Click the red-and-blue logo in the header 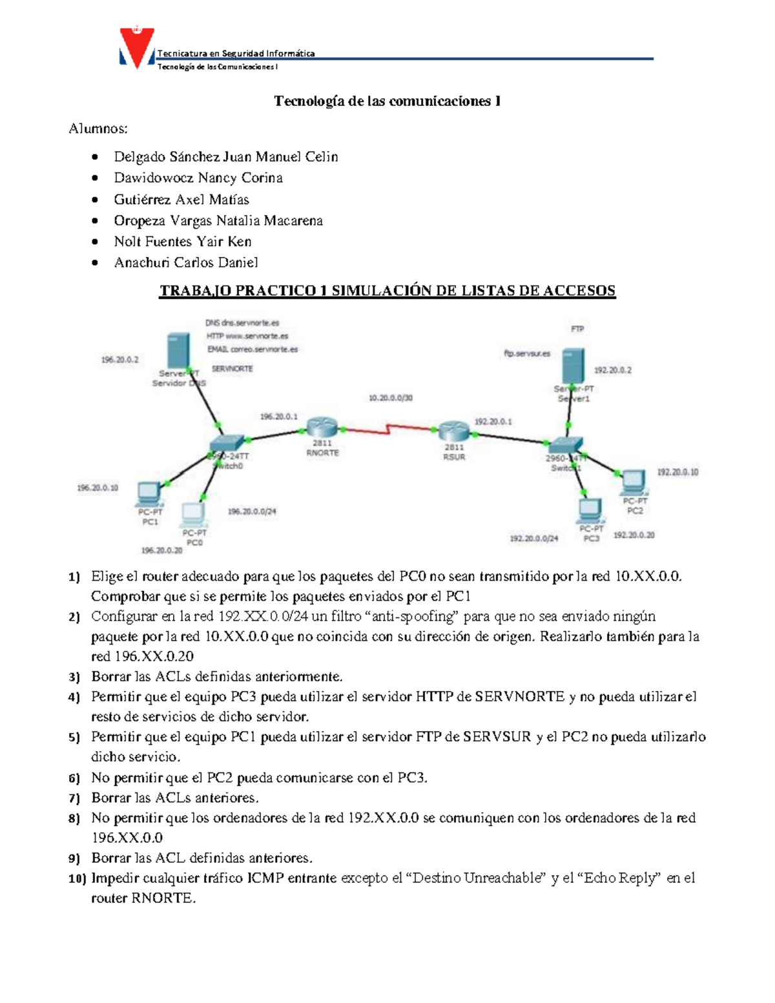pyautogui.click(x=137, y=48)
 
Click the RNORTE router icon pyautogui.click(x=322, y=427)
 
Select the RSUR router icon pyautogui.click(x=454, y=431)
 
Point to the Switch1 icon pyautogui.click(x=564, y=445)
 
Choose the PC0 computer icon pyautogui.click(x=193, y=514)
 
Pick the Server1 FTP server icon pyautogui.click(x=573, y=366)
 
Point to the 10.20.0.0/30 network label pyautogui.click(x=390, y=398)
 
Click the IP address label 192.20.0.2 pyautogui.click(x=612, y=370)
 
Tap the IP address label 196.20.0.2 pyautogui.click(x=119, y=360)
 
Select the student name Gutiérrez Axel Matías pyautogui.click(x=181, y=200)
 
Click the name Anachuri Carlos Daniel pyautogui.click(x=186, y=262)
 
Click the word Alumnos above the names pyautogui.click(x=98, y=129)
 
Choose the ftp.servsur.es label pyautogui.click(x=527, y=353)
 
